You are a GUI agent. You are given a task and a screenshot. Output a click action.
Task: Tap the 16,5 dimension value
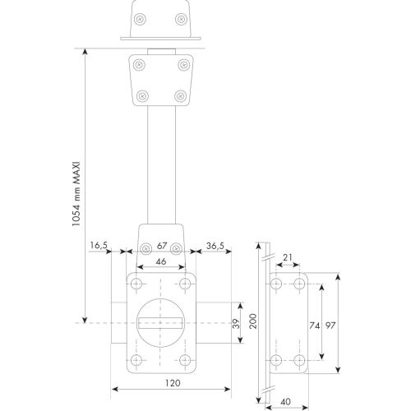click(x=99, y=245)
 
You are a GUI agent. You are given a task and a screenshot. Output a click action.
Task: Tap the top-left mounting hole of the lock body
click(x=136, y=283)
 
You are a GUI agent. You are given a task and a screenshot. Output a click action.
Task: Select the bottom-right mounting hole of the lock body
click(x=187, y=359)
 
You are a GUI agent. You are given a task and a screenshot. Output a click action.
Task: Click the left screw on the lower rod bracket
click(x=146, y=247)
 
